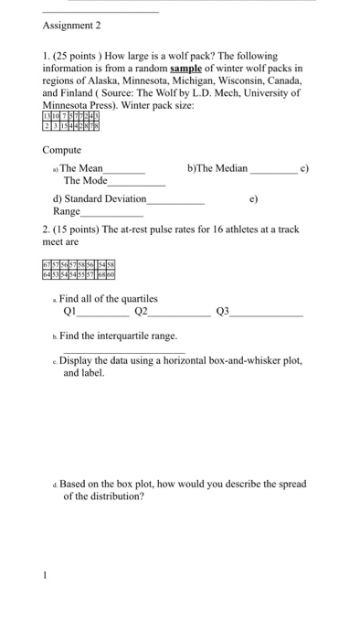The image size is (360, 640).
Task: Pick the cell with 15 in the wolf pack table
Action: point(69,127)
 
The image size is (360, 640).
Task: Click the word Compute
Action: point(62,150)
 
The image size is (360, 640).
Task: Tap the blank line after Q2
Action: point(179,313)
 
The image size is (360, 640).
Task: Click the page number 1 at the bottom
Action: point(43,576)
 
